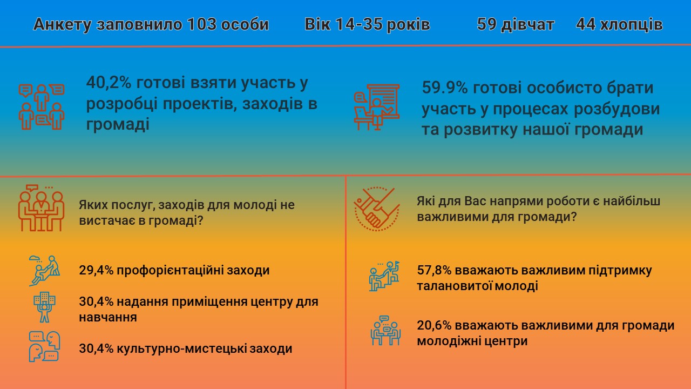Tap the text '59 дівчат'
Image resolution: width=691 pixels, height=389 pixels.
coord(516,25)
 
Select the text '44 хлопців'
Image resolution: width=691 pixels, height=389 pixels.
coord(619,25)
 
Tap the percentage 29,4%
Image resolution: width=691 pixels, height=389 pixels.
coord(96,270)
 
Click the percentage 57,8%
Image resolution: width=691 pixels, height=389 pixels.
coord(434,270)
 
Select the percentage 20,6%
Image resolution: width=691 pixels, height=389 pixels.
coord(434,326)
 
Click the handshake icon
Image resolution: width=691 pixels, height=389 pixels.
coord(376,209)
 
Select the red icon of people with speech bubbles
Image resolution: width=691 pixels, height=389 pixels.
coord(42,106)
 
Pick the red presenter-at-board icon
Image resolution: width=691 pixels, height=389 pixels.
coord(376,106)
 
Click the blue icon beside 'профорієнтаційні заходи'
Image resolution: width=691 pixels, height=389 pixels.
coord(44,270)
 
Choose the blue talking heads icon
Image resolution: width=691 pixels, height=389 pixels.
coord(44,346)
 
